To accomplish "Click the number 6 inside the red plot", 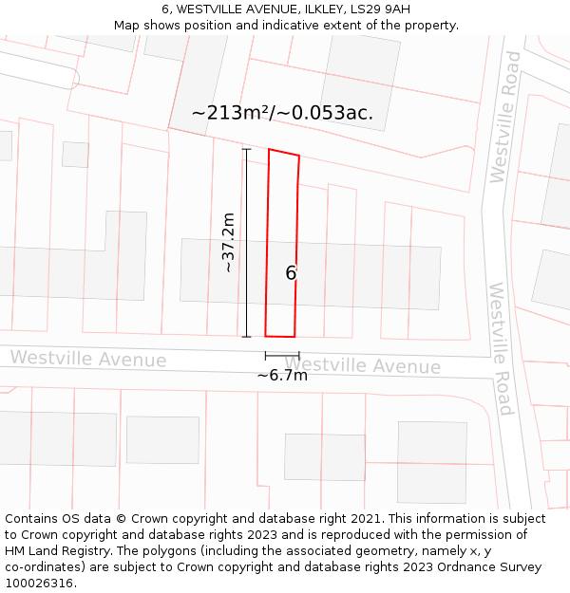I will [291, 273].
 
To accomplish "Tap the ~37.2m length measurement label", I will [228, 243].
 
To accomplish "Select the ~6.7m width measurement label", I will [282, 375].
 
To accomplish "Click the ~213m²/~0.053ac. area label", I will [282, 113].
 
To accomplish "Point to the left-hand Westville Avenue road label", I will [88, 360].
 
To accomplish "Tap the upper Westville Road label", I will [503, 117].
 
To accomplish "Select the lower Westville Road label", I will [500, 348].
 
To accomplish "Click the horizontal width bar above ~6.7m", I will [282, 355].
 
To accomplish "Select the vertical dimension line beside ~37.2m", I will [247, 243].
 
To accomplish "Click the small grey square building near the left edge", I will [75, 155].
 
